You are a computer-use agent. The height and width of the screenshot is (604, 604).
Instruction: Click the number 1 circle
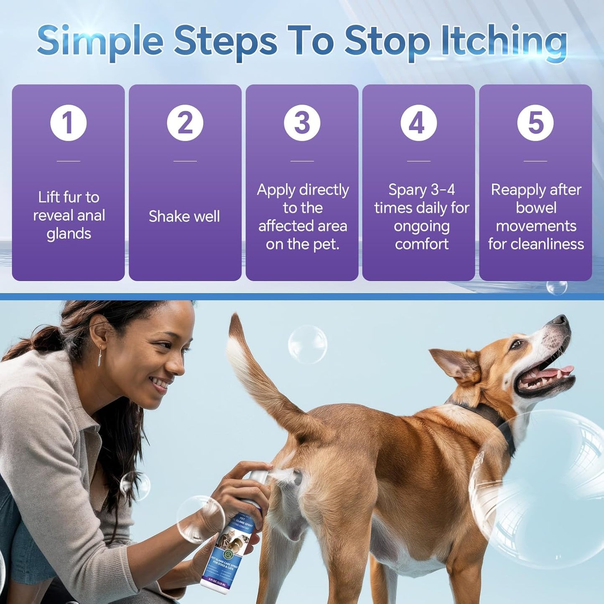69,123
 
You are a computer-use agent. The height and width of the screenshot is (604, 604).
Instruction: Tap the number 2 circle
185,123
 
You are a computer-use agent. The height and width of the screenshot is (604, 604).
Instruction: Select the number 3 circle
302,123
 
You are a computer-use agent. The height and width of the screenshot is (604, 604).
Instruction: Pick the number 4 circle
418,123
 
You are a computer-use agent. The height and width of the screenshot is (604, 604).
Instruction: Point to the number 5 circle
535,123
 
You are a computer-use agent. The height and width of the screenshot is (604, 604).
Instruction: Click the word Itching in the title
504,42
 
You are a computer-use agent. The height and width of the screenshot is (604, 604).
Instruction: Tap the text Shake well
184,217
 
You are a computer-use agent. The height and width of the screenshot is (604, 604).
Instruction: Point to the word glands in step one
69,234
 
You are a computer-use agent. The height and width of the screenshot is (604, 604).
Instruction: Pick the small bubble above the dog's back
308,344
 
